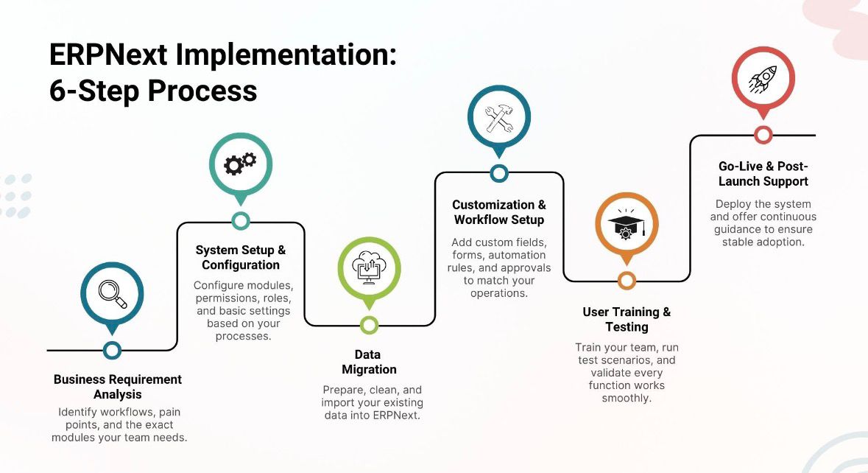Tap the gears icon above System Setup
click(240, 164)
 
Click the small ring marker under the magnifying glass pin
click(112, 350)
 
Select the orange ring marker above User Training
click(627, 281)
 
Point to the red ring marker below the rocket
click(763, 135)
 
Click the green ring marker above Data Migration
click(369, 325)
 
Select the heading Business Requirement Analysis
click(118, 387)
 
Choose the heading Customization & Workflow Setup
click(499, 212)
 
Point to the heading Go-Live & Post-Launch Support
click(763, 174)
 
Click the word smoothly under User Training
click(627, 399)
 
